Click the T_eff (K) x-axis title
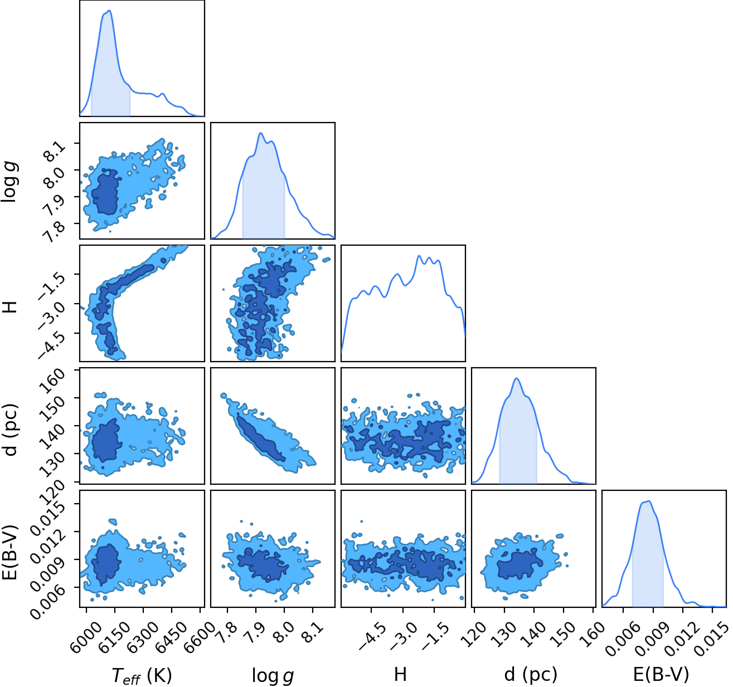point(142,675)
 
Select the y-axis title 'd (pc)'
point(11,429)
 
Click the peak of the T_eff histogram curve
point(109,11)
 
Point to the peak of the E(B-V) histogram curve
point(648,501)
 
